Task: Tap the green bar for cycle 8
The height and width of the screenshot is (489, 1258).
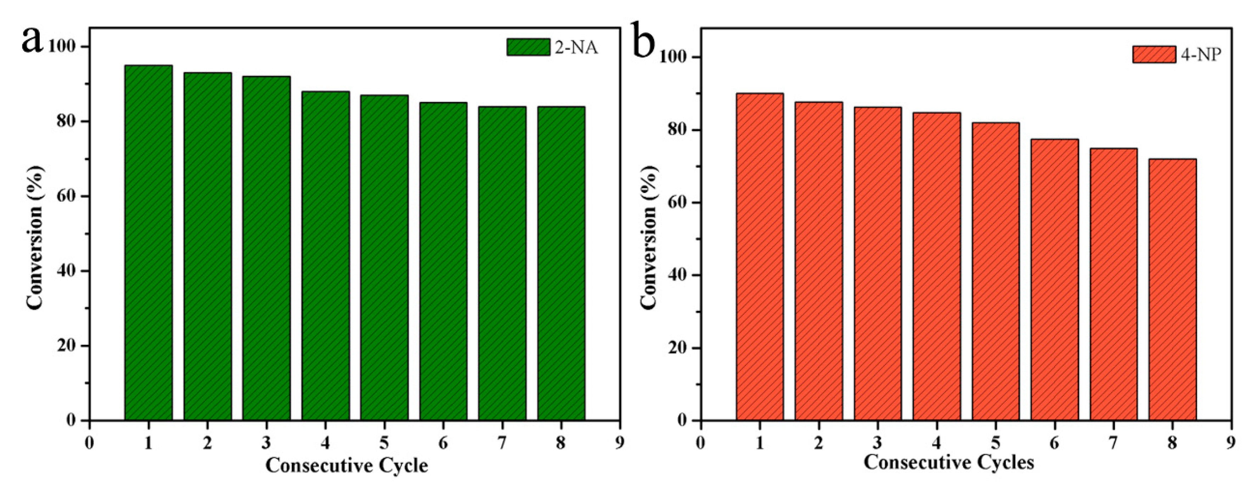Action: click(x=561, y=263)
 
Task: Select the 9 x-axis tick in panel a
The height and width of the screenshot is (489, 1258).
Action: click(x=620, y=443)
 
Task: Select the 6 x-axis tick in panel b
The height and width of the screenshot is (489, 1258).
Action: click(x=1054, y=443)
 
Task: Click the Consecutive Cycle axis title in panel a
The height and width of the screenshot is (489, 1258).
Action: click(x=347, y=465)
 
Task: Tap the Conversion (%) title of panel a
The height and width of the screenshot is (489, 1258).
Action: click(x=35, y=238)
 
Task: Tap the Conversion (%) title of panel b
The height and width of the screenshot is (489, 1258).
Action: click(x=649, y=238)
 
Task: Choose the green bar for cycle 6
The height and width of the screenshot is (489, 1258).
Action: click(x=443, y=261)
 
